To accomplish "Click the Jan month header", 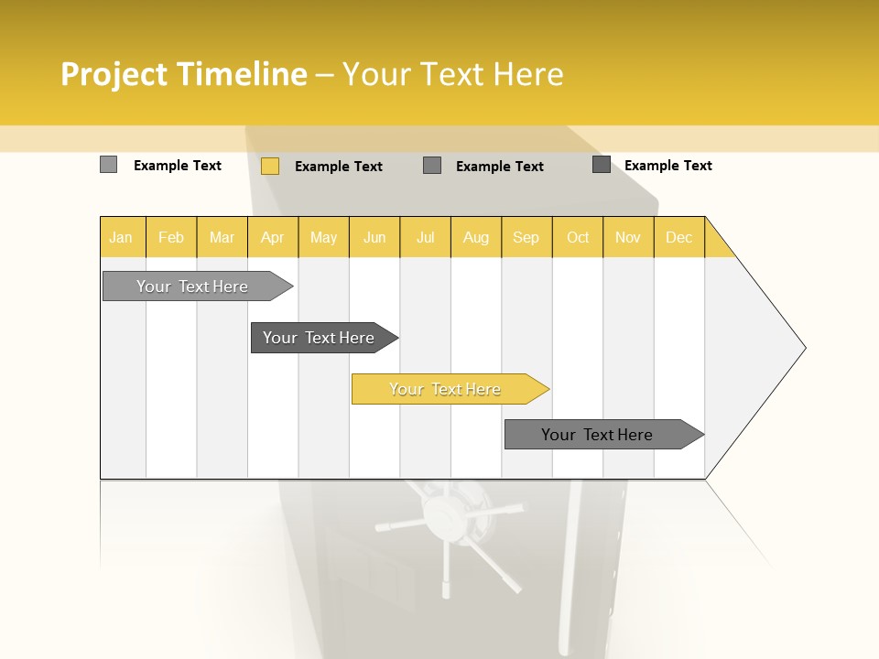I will point(121,237).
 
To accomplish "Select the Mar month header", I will point(222,237).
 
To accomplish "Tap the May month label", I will point(323,237).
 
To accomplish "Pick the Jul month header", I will point(425,237).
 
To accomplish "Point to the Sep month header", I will point(526,237).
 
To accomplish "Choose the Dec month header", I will point(678,237).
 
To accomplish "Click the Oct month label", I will point(578,237).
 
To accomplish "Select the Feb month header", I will point(171,237).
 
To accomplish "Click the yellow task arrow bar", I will point(445,389).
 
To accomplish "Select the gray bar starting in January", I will point(192,286).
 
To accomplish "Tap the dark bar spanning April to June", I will point(319,338).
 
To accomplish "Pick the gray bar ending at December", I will point(597,435).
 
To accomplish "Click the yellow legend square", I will point(270,166).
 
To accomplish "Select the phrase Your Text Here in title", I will point(452,74).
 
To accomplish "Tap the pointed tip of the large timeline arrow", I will point(803,348).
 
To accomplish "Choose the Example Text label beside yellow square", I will point(338,167).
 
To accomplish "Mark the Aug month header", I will point(475,237).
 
